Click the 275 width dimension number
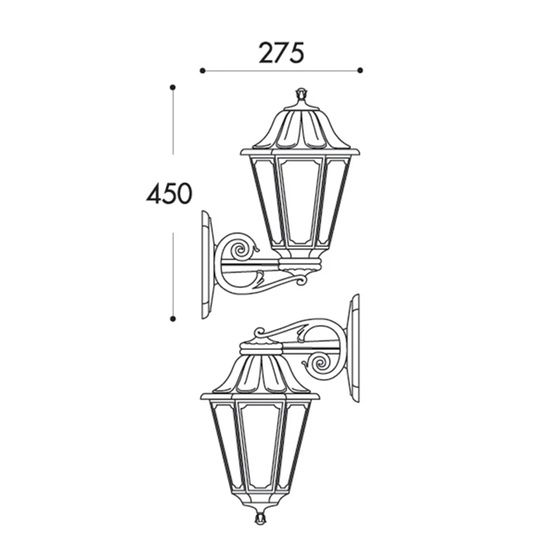coord(281,53)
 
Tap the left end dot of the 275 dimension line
coord(202,70)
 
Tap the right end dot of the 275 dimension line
coord(360,70)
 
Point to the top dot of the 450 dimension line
coord(172,87)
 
